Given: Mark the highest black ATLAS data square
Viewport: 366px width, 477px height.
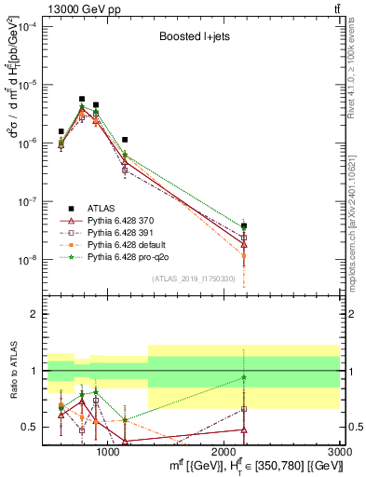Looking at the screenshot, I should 82,99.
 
